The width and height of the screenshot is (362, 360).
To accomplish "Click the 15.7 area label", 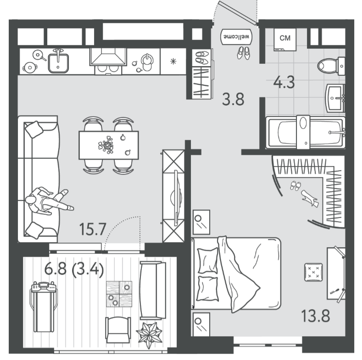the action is (x=93, y=229).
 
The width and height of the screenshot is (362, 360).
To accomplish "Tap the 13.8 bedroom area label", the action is (x=316, y=316).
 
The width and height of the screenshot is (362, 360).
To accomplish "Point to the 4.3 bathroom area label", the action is (x=284, y=83).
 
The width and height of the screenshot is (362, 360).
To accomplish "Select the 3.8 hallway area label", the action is (x=233, y=99).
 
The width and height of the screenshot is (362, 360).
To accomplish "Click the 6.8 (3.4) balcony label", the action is (x=74, y=270).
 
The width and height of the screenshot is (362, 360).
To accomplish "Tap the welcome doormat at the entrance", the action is (x=236, y=37).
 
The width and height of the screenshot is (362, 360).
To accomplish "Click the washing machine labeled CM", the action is (x=285, y=39).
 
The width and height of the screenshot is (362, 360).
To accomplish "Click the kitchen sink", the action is (x=58, y=61).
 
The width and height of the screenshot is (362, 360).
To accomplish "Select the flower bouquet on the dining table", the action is (x=106, y=145).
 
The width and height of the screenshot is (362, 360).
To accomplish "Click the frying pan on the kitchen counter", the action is (x=39, y=55).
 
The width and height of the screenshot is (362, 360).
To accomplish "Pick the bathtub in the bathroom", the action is (x=305, y=132).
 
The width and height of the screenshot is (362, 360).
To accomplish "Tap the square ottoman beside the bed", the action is (x=313, y=272).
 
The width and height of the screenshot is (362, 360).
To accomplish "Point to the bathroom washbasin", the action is (x=335, y=98).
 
